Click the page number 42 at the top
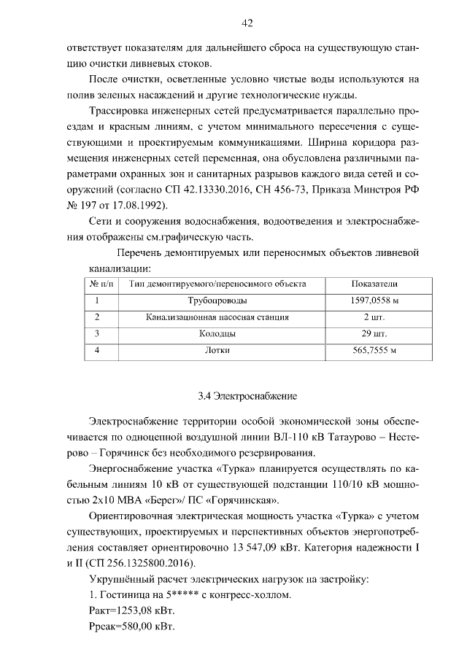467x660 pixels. click(x=247, y=23)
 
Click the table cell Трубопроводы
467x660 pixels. click(x=217, y=300)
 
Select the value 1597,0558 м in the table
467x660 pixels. click(x=374, y=300)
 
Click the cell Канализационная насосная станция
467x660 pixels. click(x=217, y=317)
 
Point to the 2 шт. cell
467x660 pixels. click(x=374, y=317)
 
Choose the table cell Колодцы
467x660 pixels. click(x=217, y=334)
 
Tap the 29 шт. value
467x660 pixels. click(x=374, y=334)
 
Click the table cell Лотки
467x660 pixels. click(x=217, y=351)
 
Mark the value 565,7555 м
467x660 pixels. click(x=374, y=351)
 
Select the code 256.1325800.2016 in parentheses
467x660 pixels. click(x=143, y=563)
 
